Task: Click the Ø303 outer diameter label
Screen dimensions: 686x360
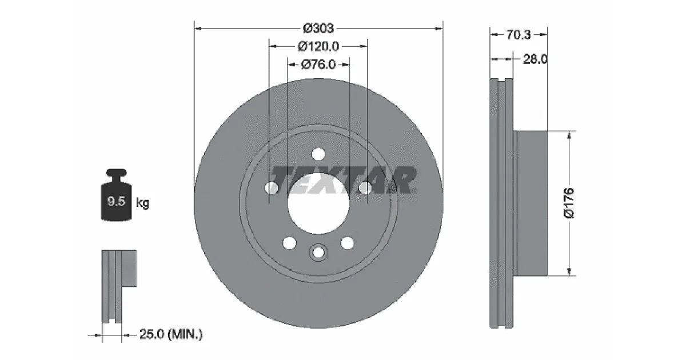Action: click(x=318, y=29)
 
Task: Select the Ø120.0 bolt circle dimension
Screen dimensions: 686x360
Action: click(x=318, y=46)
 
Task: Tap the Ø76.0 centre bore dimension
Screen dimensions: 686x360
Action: click(x=318, y=65)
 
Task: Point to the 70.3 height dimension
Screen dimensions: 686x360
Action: click(x=518, y=35)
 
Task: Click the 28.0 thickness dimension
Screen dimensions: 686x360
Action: click(x=535, y=59)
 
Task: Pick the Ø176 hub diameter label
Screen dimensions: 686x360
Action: click(x=569, y=203)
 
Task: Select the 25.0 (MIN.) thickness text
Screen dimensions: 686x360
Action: click(x=171, y=334)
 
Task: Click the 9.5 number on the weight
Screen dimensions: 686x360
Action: click(x=117, y=201)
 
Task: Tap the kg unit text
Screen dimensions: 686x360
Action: click(x=142, y=203)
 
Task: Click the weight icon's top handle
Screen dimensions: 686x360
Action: click(x=117, y=173)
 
